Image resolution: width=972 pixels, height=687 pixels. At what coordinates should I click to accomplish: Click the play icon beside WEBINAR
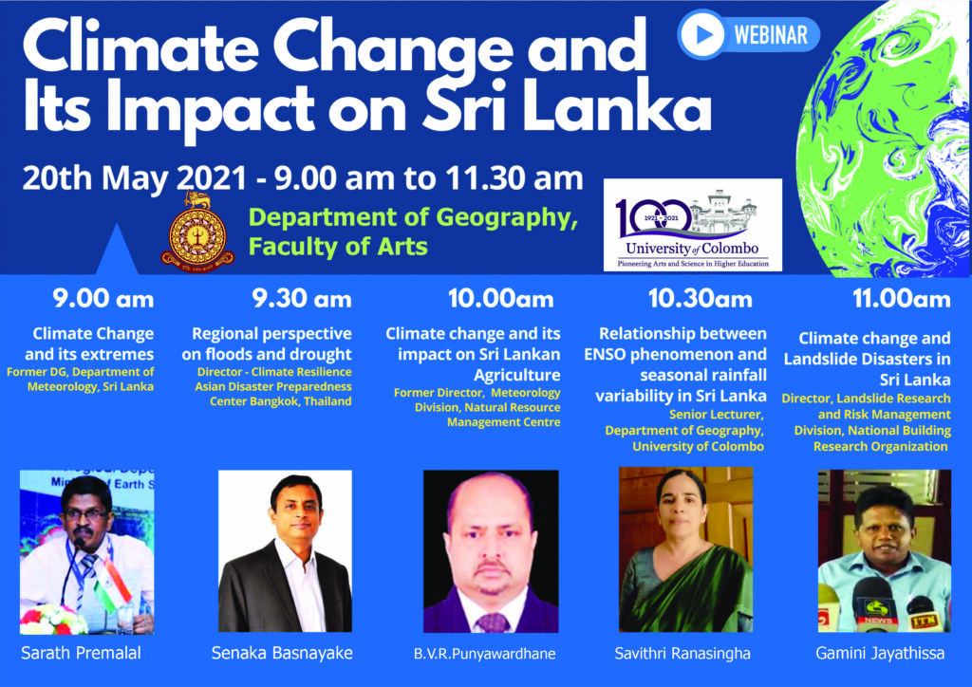pos(702,35)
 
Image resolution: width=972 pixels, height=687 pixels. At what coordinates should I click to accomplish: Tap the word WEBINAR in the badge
pos(771,35)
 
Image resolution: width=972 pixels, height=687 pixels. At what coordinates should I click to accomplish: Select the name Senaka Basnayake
pos(284,655)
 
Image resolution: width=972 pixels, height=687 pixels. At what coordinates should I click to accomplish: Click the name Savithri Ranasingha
pos(684,655)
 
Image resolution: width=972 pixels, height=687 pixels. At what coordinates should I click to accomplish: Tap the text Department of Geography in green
pos(413,219)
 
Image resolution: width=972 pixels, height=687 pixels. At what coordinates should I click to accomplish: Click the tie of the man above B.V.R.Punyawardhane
pos(491,622)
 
